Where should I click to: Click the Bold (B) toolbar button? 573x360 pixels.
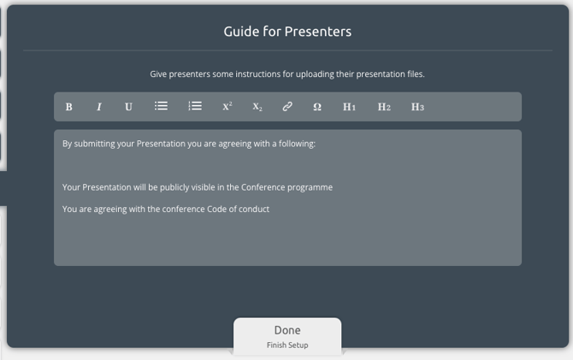tap(68, 107)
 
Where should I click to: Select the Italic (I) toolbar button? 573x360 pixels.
tap(98, 107)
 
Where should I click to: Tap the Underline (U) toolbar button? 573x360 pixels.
tap(128, 107)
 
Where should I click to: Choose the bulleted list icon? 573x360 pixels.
tap(161, 106)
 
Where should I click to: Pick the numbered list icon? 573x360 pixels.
tap(195, 106)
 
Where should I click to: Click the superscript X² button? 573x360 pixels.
tap(227, 106)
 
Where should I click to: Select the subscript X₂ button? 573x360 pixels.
tap(257, 107)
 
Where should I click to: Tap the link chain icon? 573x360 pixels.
tap(287, 106)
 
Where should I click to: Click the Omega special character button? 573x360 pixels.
tap(317, 107)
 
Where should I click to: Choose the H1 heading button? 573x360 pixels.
tap(349, 107)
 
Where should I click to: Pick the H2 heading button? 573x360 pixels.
tap(384, 107)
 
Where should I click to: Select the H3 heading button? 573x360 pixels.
tap(417, 107)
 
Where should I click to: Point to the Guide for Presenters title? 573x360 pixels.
tap(287, 32)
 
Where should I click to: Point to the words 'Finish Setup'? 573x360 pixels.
tap(287, 345)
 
